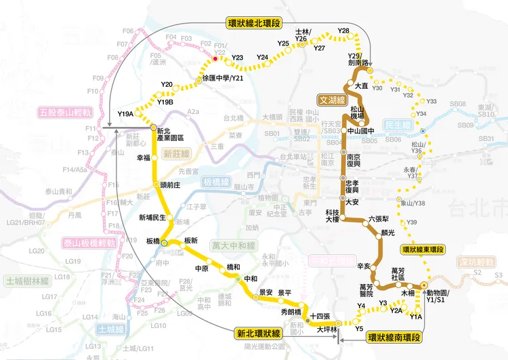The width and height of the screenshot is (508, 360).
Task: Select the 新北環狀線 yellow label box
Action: click(x=260, y=334)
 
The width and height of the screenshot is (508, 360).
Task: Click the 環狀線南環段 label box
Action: click(x=393, y=337)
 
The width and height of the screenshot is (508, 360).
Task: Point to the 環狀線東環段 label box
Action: click(x=423, y=249)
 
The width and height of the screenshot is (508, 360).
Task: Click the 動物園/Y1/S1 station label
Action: click(x=441, y=296)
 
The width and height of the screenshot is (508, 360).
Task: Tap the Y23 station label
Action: click(x=237, y=58)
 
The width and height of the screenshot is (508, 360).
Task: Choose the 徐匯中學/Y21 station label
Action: click(x=223, y=79)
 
